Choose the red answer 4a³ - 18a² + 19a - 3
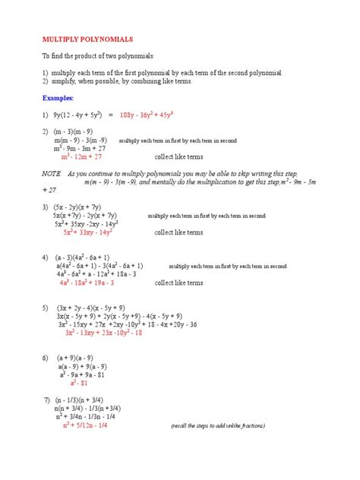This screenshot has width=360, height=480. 95,283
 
